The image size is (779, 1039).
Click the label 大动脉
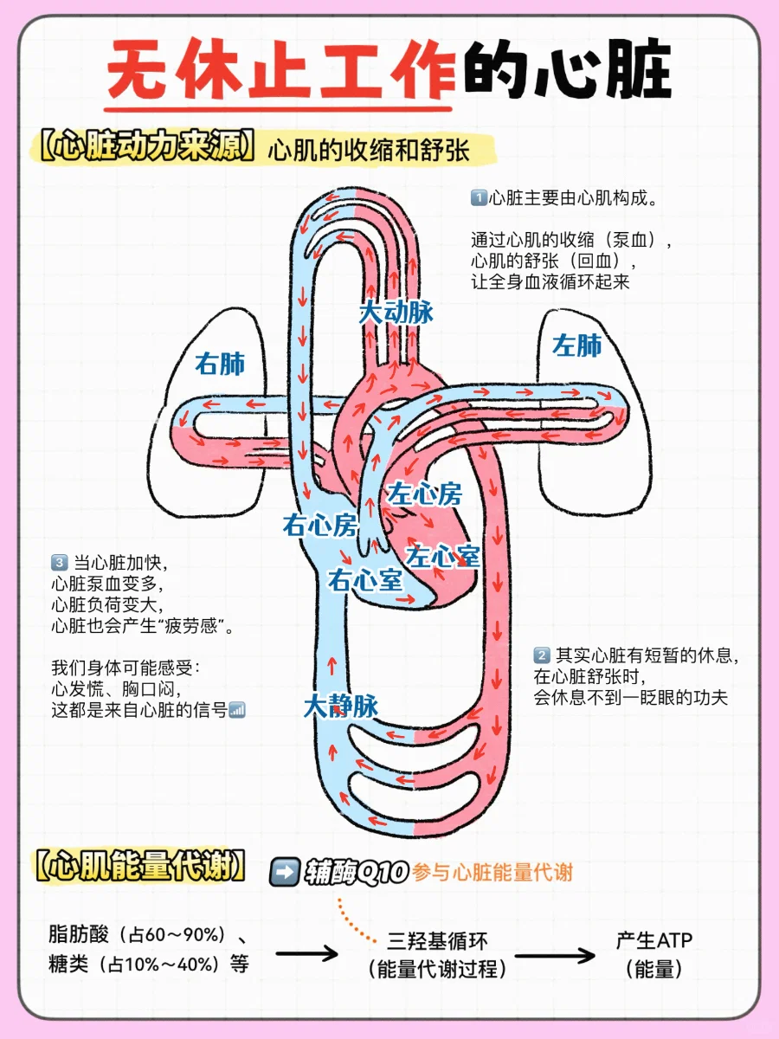pyautogui.click(x=396, y=313)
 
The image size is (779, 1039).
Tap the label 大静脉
pyautogui.click(x=340, y=706)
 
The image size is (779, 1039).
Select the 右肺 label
pyautogui.click(x=220, y=365)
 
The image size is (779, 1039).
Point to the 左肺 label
pyautogui.click(x=577, y=346)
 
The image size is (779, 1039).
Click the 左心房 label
pyautogui.click(x=424, y=494)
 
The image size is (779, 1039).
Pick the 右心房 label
pyautogui.click(x=319, y=525)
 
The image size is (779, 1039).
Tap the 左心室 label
pyautogui.click(x=444, y=556)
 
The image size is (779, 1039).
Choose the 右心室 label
pyautogui.click(x=365, y=580)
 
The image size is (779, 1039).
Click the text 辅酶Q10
pyautogui.click(x=356, y=872)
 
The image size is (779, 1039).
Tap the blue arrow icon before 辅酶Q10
pyautogui.click(x=285, y=871)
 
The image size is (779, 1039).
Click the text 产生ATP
pyautogui.click(x=654, y=940)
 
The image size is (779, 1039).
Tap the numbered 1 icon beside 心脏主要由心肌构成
pyautogui.click(x=479, y=198)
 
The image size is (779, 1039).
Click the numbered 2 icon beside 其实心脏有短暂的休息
pyautogui.click(x=542, y=655)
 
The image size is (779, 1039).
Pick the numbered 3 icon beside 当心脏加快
pyautogui.click(x=60, y=560)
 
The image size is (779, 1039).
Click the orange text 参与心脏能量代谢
pyautogui.click(x=493, y=872)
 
